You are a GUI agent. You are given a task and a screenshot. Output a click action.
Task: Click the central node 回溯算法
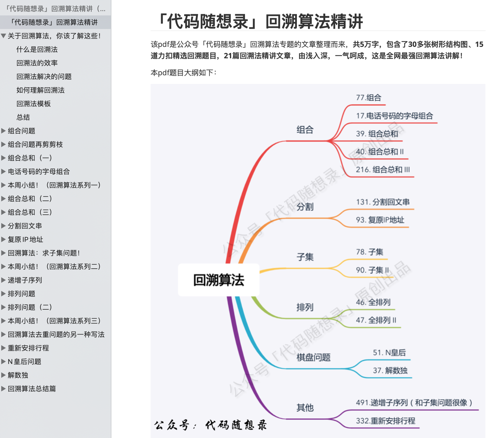coord(218,280)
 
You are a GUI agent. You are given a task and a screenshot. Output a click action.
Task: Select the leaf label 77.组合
coord(368,98)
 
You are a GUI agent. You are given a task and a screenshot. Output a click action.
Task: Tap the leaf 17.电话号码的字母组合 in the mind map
coord(394,116)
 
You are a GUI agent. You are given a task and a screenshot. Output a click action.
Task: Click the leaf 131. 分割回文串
coord(383,202)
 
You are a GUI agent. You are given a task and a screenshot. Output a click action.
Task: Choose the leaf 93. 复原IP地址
coord(380,220)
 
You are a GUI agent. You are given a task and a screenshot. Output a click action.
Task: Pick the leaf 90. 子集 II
coord(372,270)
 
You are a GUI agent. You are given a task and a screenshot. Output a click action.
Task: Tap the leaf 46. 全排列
coord(373,302)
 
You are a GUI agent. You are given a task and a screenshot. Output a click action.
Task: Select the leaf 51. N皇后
coord(389,353)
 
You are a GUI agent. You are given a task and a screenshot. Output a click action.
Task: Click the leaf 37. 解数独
coord(390,370)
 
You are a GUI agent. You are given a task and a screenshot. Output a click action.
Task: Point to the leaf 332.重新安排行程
coord(385,421)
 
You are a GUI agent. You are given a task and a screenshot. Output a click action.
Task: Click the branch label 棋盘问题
coord(313,357)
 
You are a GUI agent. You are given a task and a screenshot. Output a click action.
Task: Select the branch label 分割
coord(305,207)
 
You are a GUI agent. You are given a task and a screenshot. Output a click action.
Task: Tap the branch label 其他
coord(305,408)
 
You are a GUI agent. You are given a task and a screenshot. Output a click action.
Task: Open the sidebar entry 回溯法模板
coord(33,104)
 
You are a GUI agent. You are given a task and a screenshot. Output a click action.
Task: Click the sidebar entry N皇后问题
coord(24,362)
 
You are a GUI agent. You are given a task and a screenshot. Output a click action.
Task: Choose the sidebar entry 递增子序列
coord(25,280)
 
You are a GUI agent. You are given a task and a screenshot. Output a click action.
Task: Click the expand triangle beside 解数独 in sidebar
coord(3,375)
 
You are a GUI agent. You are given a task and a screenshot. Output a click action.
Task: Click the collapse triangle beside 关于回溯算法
coord(3,36)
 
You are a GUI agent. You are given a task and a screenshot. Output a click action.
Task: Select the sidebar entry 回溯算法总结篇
coord(32,389)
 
